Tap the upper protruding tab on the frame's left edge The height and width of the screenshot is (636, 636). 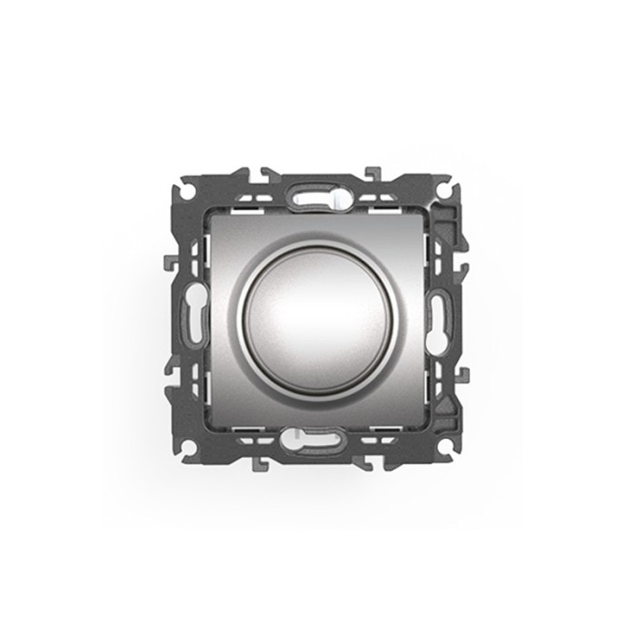coord(168,263)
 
